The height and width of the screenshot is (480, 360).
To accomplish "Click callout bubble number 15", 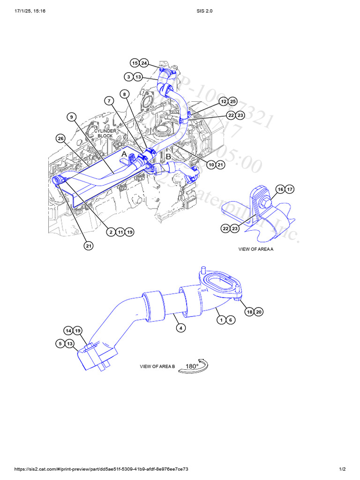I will point(135,63).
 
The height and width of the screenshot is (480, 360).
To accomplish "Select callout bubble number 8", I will point(124,94).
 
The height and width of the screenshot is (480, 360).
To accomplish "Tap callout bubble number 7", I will point(109,101).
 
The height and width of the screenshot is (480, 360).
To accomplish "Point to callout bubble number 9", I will point(71,117).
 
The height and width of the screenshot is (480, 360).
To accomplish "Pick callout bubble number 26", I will point(60,138).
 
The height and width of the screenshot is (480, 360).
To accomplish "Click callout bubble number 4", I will point(180,328).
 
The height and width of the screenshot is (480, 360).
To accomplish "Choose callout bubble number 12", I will point(223,101).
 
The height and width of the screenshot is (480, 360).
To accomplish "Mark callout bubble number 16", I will point(280,189).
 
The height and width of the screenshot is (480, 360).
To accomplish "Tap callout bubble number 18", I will point(249,312).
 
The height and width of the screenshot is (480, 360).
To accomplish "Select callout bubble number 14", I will point(68,331).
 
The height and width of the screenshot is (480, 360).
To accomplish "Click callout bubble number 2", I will point(111,232).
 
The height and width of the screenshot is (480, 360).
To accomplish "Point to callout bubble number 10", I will point(211,165).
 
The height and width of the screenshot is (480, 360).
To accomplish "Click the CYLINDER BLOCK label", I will point(105,134).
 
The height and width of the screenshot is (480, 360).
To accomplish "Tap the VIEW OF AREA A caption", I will point(255,249).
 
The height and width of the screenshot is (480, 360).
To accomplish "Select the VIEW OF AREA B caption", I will point(157,367).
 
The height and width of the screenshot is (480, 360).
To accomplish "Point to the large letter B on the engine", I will point(168,157).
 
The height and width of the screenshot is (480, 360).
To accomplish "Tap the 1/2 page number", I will point(342,469).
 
